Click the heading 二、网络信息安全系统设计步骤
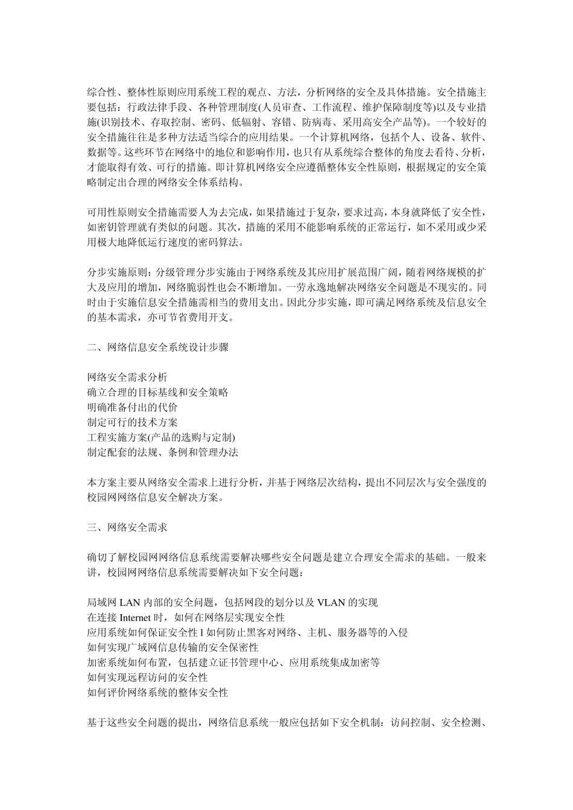click(x=157, y=347)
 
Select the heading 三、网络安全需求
click(x=127, y=527)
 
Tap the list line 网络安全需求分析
click(x=127, y=377)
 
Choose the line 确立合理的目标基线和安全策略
click(x=157, y=392)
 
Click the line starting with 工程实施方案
click(x=161, y=438)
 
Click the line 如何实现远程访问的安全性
click(x=147, y=677)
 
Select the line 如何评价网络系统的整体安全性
click(x=157, y=692)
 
